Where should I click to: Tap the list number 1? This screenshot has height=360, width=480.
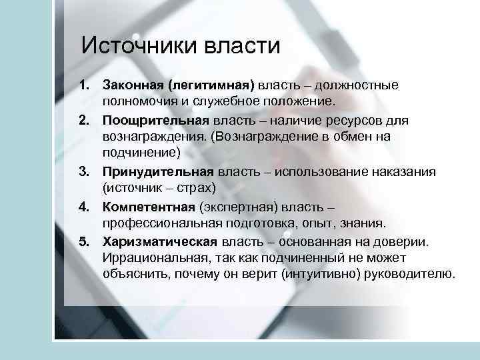click(83, 85)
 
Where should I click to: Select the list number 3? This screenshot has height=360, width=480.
click(83, 171)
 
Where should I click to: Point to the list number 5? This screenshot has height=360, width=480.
click(83, 241)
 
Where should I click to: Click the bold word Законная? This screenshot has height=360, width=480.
click(133, 85)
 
